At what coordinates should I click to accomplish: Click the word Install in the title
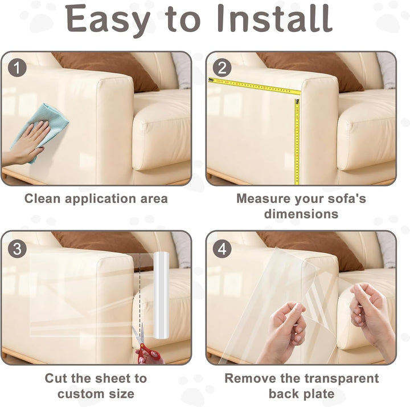click(275, 18)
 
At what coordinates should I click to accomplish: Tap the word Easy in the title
click(108, 21)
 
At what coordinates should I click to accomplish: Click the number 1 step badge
click(17, 67)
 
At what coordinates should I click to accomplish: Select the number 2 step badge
click(222, 67)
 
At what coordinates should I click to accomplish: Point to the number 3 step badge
click(17, 249)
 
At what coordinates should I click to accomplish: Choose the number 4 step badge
click(222, 249)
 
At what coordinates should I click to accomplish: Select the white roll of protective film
click(161, 295)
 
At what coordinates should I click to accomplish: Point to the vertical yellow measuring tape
click(297, 141)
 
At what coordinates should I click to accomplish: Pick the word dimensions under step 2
click(301, 214)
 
